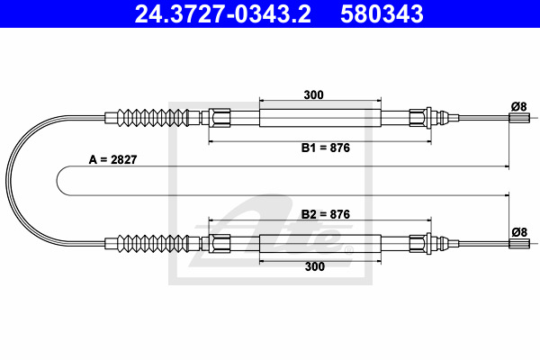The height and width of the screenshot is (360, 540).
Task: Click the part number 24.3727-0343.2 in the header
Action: [x=223, y=14]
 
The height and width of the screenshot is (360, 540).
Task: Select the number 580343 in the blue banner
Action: [x=382, y=14]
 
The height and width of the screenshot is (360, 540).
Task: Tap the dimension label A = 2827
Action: [x=113, y=159]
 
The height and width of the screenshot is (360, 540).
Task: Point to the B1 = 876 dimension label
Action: [x=326, y=148]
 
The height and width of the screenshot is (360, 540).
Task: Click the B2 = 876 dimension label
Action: [x=326, y=214]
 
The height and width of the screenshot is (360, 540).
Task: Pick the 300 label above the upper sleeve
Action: [x=314, y=94]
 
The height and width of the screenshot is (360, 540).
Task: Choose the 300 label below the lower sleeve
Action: [x=315, y=266]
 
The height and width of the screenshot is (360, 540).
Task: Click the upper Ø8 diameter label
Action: [x=519, y=107]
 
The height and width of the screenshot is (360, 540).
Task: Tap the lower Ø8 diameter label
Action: [x=519, y=232]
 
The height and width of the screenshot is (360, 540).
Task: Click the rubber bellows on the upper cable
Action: [x=153, y=118]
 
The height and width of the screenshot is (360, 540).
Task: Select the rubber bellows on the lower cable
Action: [x=153, y=243]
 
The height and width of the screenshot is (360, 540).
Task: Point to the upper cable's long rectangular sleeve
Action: [x=320, y=118]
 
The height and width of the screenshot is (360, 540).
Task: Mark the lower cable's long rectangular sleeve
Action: [x=320, y=244]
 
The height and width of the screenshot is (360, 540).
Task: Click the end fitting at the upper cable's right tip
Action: [x=519, y=118]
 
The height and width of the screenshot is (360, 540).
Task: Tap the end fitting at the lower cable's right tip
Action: [x=519, y=244]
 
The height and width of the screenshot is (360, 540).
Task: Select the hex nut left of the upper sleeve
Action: [x=220, y=118]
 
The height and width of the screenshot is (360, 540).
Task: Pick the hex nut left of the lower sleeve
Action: [x=220, y=244]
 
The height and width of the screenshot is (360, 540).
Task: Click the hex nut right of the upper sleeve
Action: [x=418, y=118]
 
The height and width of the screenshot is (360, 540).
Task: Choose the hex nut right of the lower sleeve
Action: [x=418, y=244]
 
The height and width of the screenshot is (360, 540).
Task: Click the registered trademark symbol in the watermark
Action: [x=349, y=249]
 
